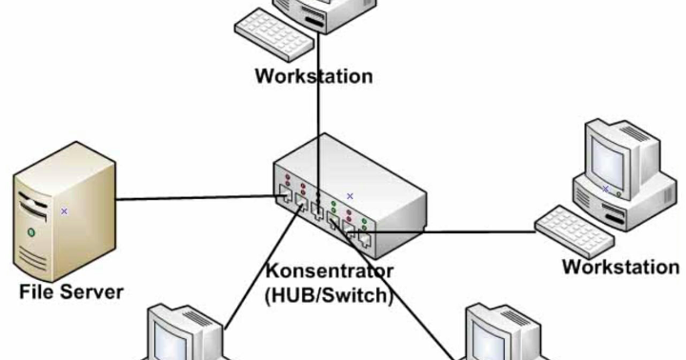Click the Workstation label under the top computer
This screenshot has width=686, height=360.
pos(313,74)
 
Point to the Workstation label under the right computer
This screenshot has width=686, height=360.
pos(620,266)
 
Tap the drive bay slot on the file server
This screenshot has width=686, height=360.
pos(34,204)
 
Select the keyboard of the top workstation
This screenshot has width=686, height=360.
pos(276,33)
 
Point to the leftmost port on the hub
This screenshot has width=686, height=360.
pos(284,196)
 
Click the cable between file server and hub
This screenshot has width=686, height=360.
pos(191,199)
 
